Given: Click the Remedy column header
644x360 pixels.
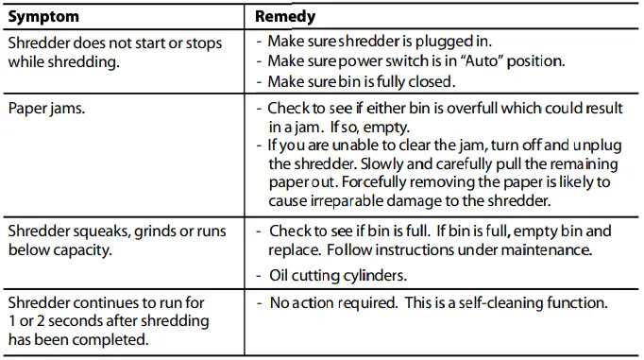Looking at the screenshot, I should [285, 17].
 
